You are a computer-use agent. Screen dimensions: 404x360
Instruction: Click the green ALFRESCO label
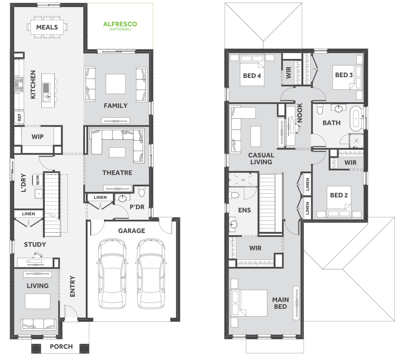[x=120, y=24]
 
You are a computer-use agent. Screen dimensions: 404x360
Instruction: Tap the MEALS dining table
[x=47, y=27]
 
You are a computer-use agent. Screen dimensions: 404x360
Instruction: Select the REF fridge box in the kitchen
[x=19, y=117]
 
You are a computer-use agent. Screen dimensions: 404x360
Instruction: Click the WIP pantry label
[x=38, y=137]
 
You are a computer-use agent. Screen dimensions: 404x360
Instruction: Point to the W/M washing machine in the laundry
[x=38, y=180]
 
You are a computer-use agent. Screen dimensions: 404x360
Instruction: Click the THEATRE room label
[x=117, y=173]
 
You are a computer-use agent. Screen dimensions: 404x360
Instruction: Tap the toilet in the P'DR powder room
[x=142, y=191]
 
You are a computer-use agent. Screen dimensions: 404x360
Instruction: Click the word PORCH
[x=61, y=346]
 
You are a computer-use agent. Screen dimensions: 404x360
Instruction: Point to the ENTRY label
[x=73, y=286]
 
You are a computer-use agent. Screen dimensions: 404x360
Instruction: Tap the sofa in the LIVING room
[x=38, y=324]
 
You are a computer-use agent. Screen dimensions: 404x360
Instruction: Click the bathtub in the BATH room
[x=356, y=119]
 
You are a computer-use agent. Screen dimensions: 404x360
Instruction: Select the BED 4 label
[x=252, y=76]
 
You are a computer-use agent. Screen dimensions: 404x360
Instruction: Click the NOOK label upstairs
[x=300, y=113]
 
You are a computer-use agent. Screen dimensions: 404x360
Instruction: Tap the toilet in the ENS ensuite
[x=234, y=194]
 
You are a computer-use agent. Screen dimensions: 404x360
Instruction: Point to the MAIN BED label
[x=280, y=303]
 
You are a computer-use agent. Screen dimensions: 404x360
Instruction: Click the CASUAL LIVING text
[x=261, y=158]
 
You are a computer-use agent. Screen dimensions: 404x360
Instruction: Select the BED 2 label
[x=339, y=195]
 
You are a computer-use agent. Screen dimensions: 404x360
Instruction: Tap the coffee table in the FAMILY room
[x=116, y=84]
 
